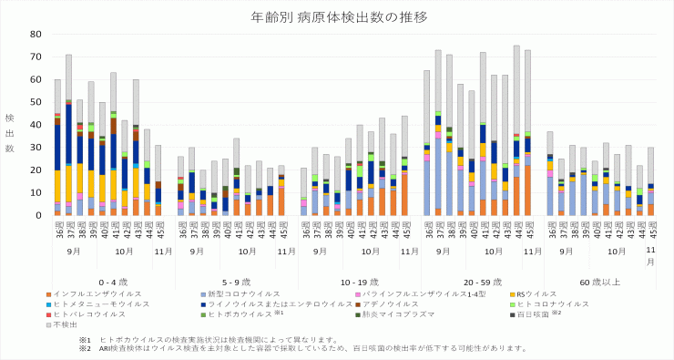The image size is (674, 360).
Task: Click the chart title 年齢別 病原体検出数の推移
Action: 336,16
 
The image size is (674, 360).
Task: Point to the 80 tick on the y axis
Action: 36,34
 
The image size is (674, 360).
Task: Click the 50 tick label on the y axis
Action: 36,102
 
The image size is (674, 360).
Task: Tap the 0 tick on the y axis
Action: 39,216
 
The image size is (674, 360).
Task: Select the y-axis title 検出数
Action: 10,132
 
